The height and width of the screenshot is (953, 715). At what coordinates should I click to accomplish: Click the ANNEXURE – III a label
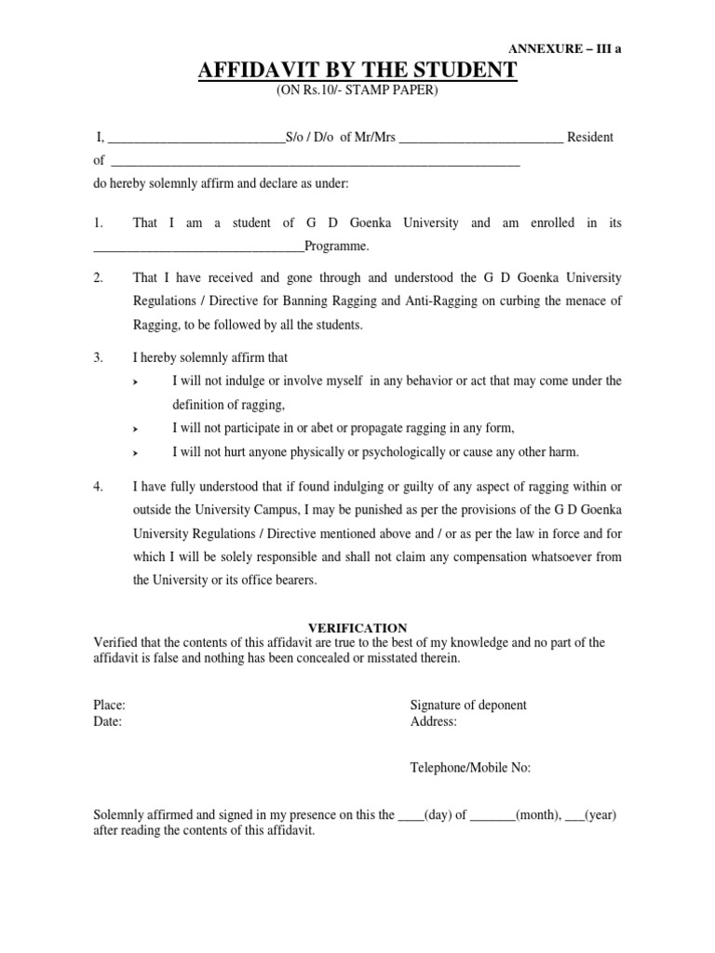(x=563, y=49)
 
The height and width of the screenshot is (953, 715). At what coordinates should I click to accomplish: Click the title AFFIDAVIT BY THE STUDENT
(x=357, y=72)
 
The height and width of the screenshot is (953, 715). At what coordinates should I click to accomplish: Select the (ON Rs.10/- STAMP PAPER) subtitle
(x=357, y=91)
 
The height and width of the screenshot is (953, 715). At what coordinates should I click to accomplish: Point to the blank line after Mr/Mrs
(x=481, y=138)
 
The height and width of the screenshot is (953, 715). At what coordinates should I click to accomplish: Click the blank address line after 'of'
(x=315, y=161)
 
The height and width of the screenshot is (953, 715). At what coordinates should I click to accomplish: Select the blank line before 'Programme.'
(x=199, y=247)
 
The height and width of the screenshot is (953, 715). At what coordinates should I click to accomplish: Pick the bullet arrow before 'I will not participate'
(x=137, y=429)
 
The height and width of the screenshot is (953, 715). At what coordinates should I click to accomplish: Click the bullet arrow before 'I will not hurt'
(x=137, y=453)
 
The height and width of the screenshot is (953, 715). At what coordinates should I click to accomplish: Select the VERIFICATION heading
(x=357, y=628)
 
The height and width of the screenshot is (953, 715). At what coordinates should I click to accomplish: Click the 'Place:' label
(x=110, y=705)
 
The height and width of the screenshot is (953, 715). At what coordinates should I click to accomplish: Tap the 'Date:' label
(x=108, y=721)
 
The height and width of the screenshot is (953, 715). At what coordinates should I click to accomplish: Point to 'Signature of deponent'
(x=468, y=705)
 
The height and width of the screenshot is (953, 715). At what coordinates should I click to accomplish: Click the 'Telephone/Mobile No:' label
(x=470, y=768)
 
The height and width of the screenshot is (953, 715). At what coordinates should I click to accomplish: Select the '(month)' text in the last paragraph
(x=536, y=814)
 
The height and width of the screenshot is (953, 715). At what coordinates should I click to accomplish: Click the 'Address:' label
(x=434, y=721)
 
